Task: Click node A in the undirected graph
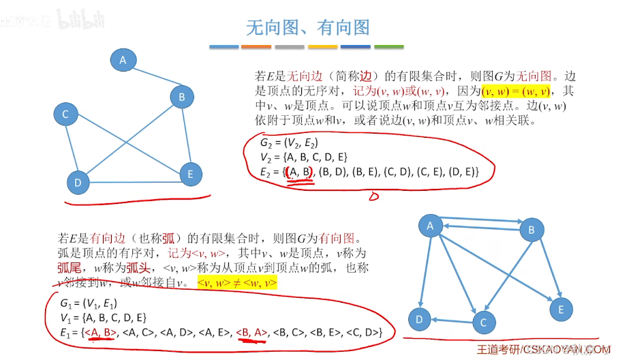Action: point(123,60)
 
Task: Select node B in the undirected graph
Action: point(182,97)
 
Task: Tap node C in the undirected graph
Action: point(65,115)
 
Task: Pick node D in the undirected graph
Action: point(78,182)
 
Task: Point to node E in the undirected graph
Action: point(190,174)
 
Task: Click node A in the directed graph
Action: point(430,226)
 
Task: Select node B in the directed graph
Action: point(531,230)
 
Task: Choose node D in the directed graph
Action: point(420,318)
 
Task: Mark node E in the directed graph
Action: point(561,310)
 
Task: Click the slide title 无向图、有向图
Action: point(308,27)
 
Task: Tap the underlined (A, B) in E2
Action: point(299,173)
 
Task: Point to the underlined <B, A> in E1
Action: point(253,332)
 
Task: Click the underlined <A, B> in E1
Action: point(102,332)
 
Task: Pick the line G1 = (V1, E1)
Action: point(89,303)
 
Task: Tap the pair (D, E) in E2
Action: point(463,173)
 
